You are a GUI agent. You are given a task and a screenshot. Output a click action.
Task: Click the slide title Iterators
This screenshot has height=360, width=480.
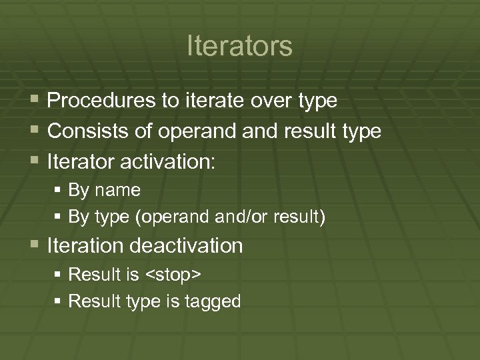[239, 46]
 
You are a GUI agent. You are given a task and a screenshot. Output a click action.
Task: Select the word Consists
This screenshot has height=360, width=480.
[88, 131]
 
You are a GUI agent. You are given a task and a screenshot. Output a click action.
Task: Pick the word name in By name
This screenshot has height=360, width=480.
[117, 191]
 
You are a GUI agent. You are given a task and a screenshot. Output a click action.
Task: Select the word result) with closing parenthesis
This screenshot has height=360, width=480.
[302, 217]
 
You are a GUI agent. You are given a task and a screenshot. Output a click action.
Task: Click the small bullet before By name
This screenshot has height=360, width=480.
[58, 191]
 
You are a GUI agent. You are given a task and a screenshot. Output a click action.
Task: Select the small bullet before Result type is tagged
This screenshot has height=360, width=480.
[58, 301]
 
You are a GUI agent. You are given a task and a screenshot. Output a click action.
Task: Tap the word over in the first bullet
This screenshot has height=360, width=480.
[269, 101]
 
